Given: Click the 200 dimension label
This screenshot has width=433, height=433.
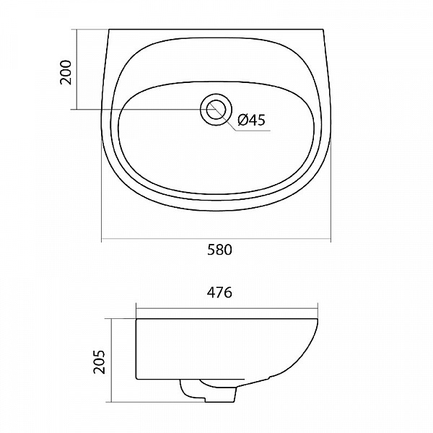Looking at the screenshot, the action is (x=66, y=72).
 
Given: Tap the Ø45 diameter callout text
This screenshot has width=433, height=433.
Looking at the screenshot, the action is (x=251, y=120).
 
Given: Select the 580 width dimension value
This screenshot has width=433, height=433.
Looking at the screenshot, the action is (x=220, y=250).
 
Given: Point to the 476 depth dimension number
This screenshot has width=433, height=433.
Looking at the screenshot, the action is (x=220, y=293).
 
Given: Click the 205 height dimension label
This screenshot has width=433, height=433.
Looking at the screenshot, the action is (x=99, y=362).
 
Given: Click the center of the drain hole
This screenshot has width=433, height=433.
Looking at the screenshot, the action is (x=216, y=110).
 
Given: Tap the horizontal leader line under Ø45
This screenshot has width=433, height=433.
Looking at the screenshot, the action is (x=253, y=131).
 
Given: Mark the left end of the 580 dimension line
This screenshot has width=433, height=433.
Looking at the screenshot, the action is (x=102, y=239).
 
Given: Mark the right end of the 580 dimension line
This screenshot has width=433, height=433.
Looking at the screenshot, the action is (x=331, y=239).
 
